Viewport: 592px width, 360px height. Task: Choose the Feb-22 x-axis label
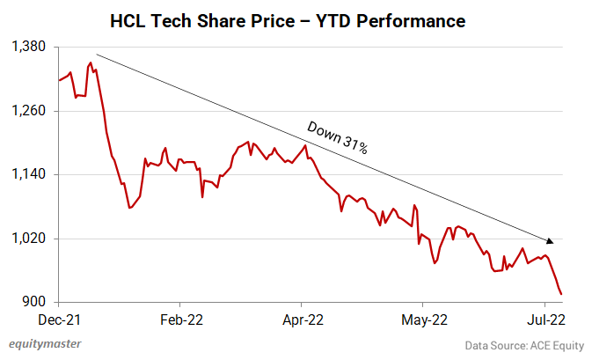[179, 320]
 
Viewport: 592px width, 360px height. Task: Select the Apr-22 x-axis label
[302, 320]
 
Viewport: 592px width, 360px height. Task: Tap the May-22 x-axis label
[424, 320]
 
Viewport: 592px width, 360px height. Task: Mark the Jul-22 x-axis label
[544, 320]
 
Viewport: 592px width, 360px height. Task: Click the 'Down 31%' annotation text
[337, 137]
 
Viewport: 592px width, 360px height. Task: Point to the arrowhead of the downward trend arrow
[552, 241]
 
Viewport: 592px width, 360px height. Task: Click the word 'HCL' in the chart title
[130, 19]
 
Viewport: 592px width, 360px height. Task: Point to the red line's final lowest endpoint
[562, 294]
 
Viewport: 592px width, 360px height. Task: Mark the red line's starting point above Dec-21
[58, 81]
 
